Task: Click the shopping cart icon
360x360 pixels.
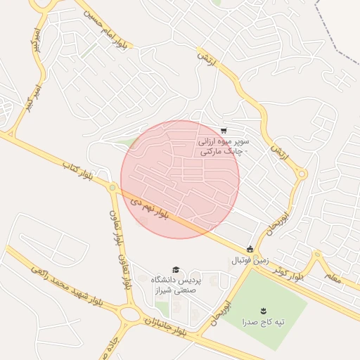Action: click(224, 131)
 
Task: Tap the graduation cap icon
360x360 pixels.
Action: click(175, 269)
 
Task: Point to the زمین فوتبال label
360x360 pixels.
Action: click(250, 260)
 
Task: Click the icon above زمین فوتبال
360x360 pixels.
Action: click(250, 249)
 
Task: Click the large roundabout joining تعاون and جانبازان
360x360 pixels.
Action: click(129, 314)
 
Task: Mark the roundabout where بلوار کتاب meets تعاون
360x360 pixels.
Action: click(112, 187)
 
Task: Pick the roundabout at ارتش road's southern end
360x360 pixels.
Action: click(302, 174)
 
